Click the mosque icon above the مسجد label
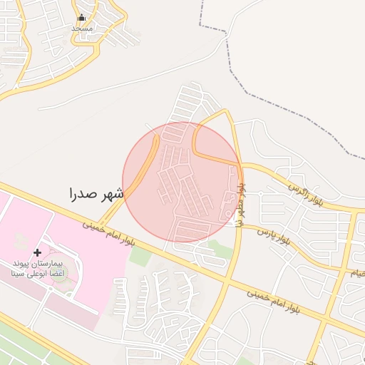(x=82, y=18)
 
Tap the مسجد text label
(x=82, y=28)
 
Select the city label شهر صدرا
(x=96, y=193)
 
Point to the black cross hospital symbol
(x=38, y=253)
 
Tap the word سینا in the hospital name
(x=19, y=272)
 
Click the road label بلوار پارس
(x=274, y=237)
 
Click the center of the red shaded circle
(x=182, y=182)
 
